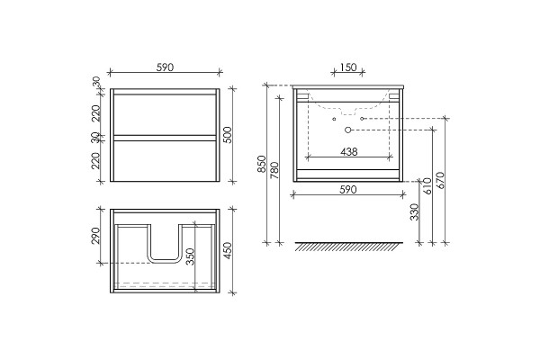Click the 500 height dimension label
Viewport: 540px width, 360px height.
(x=228, y=135)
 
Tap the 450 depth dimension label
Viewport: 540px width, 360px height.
(x=228, y=251)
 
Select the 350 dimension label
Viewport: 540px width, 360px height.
(x=190, y=256)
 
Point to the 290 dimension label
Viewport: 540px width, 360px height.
(x=95, y=235)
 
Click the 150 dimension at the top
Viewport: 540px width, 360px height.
(x=348, y=67)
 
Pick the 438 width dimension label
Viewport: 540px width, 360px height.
(x=349, y=151)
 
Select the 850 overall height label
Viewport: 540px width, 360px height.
(x=262, y=164)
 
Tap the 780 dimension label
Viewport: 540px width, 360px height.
(x=274, y=170)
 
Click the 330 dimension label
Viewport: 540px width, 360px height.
(x=415, y=211)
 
